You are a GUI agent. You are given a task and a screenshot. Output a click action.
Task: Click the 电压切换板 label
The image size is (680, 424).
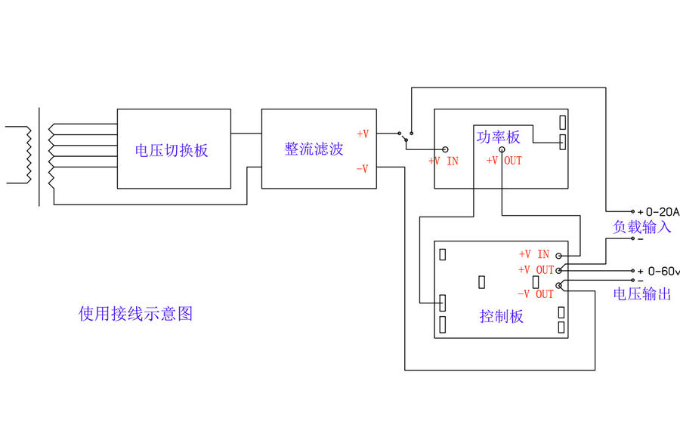[172, 150]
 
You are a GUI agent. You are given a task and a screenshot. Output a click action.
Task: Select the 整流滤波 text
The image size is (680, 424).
[314, 149]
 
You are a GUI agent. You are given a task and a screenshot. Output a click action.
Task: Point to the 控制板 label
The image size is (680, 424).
[501, 316]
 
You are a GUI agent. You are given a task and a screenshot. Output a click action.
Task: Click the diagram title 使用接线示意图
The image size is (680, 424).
[135, 313]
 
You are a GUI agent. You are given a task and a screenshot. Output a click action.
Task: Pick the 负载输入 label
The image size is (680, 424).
[641, 226]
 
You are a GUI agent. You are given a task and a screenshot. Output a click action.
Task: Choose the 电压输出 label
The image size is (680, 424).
[641, 293]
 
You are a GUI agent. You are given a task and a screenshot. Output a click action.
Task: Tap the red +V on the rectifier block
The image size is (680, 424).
[363, 134]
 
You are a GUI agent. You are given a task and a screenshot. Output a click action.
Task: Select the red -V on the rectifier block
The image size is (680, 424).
[362, 169]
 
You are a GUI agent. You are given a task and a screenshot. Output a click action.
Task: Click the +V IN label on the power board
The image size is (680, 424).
[444, 161]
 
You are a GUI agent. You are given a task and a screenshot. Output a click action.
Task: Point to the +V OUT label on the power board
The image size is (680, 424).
[504, 161]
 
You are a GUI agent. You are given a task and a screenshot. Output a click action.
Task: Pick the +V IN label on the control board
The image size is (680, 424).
[534, 255]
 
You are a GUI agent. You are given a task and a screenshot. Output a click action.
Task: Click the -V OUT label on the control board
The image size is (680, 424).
[536, 294]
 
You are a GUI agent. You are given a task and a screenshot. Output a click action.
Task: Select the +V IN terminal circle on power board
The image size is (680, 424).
[445, 150]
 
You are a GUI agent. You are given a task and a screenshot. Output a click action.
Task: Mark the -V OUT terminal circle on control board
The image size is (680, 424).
[559, 285]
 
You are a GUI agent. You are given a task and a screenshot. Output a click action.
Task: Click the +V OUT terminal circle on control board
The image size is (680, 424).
[559, 269]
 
